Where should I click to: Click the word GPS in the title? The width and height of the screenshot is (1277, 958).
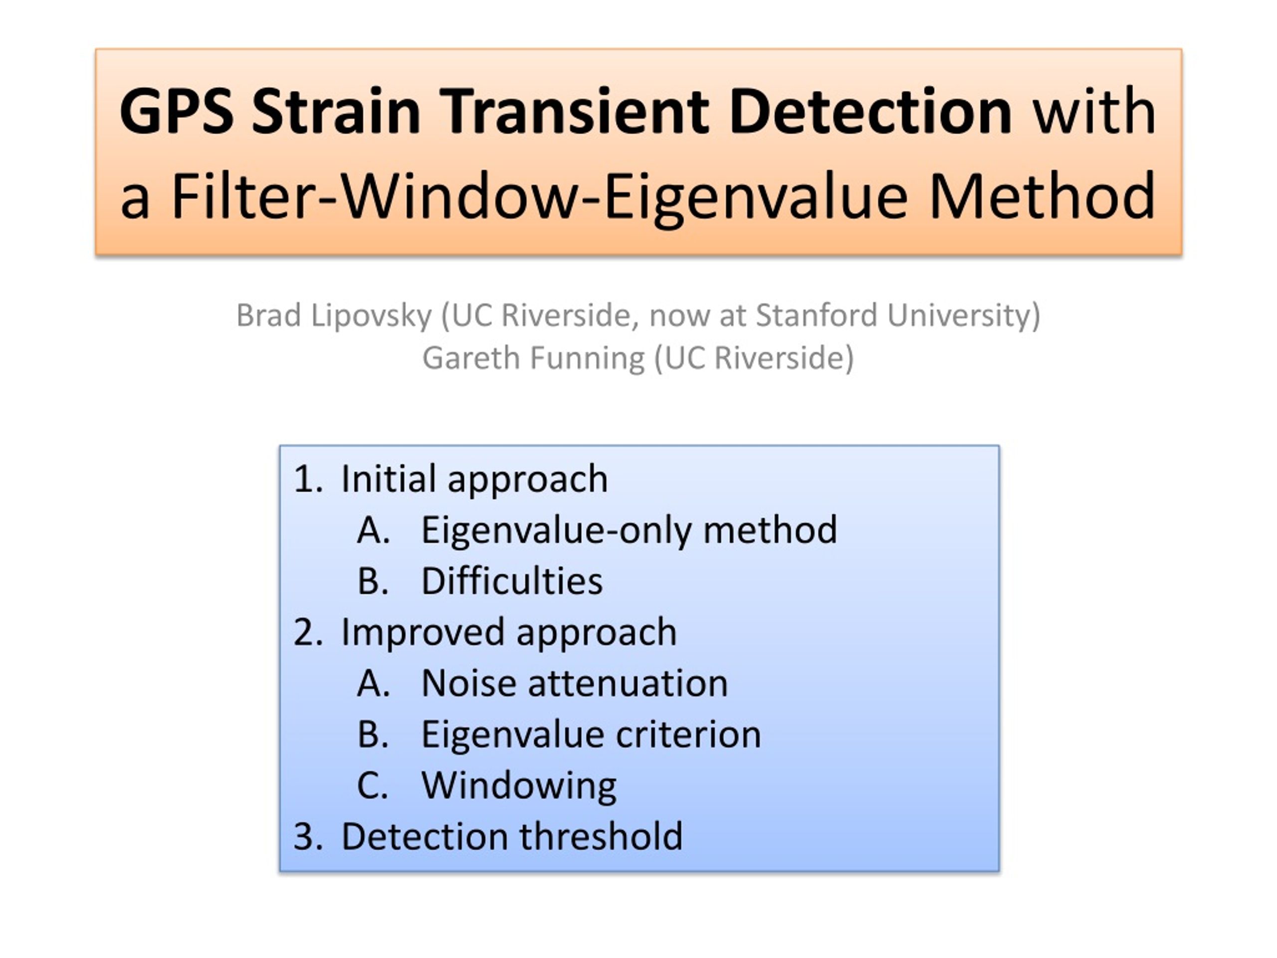[177, 111]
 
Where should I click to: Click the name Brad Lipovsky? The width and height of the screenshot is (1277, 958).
[334, 316]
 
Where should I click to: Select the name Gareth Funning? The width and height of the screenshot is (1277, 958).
[533, 358]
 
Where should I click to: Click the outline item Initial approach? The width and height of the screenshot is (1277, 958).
[474, 479]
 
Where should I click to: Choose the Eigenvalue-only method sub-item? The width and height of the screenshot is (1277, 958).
[629, 530]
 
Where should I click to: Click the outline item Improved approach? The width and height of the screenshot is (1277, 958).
[509, 632]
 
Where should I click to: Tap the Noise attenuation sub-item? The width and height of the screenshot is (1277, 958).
[575, 684]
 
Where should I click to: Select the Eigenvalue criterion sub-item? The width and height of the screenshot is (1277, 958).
[591, 734]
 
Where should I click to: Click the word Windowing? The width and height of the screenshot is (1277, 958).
[519, 786]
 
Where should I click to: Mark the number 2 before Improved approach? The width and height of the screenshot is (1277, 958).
[304, 632]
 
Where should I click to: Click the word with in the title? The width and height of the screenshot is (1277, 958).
[1094, 111]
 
